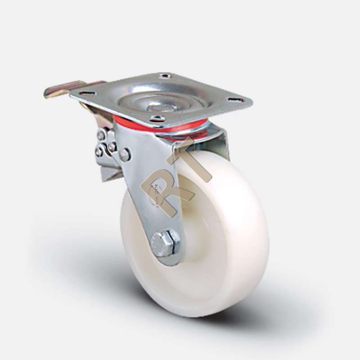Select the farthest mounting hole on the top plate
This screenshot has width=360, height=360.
coord(165,75)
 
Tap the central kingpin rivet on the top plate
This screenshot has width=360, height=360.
coord(161,108)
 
